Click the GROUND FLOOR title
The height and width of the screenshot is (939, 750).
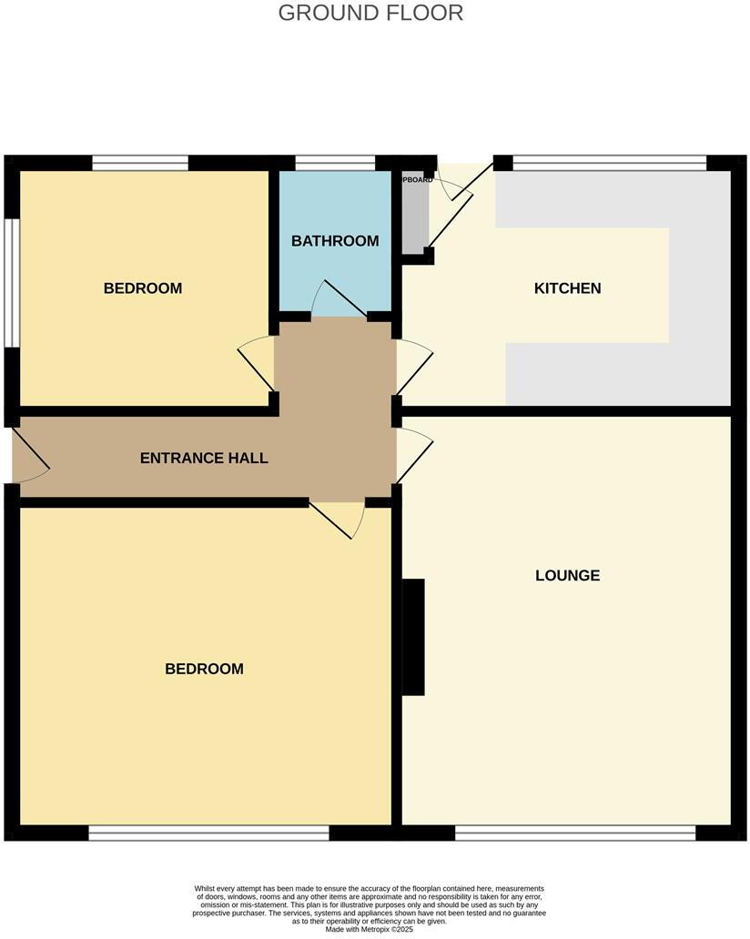click(370, 13)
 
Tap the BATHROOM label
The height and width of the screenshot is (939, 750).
click(335, 241)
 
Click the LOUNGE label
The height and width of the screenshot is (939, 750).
click(567, 575)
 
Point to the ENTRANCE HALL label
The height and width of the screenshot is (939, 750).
click(204, 458)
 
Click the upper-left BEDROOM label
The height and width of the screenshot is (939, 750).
click(143, 288)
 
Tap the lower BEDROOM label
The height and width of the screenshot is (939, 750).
click(204, 669)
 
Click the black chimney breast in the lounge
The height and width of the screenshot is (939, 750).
click(413, 637)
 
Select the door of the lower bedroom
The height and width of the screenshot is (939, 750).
click(339, 519)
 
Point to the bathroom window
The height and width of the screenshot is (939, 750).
click(335, 164)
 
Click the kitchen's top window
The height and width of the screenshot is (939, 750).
click(609, 164)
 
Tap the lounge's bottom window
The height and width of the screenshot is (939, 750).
click(574, 833)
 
